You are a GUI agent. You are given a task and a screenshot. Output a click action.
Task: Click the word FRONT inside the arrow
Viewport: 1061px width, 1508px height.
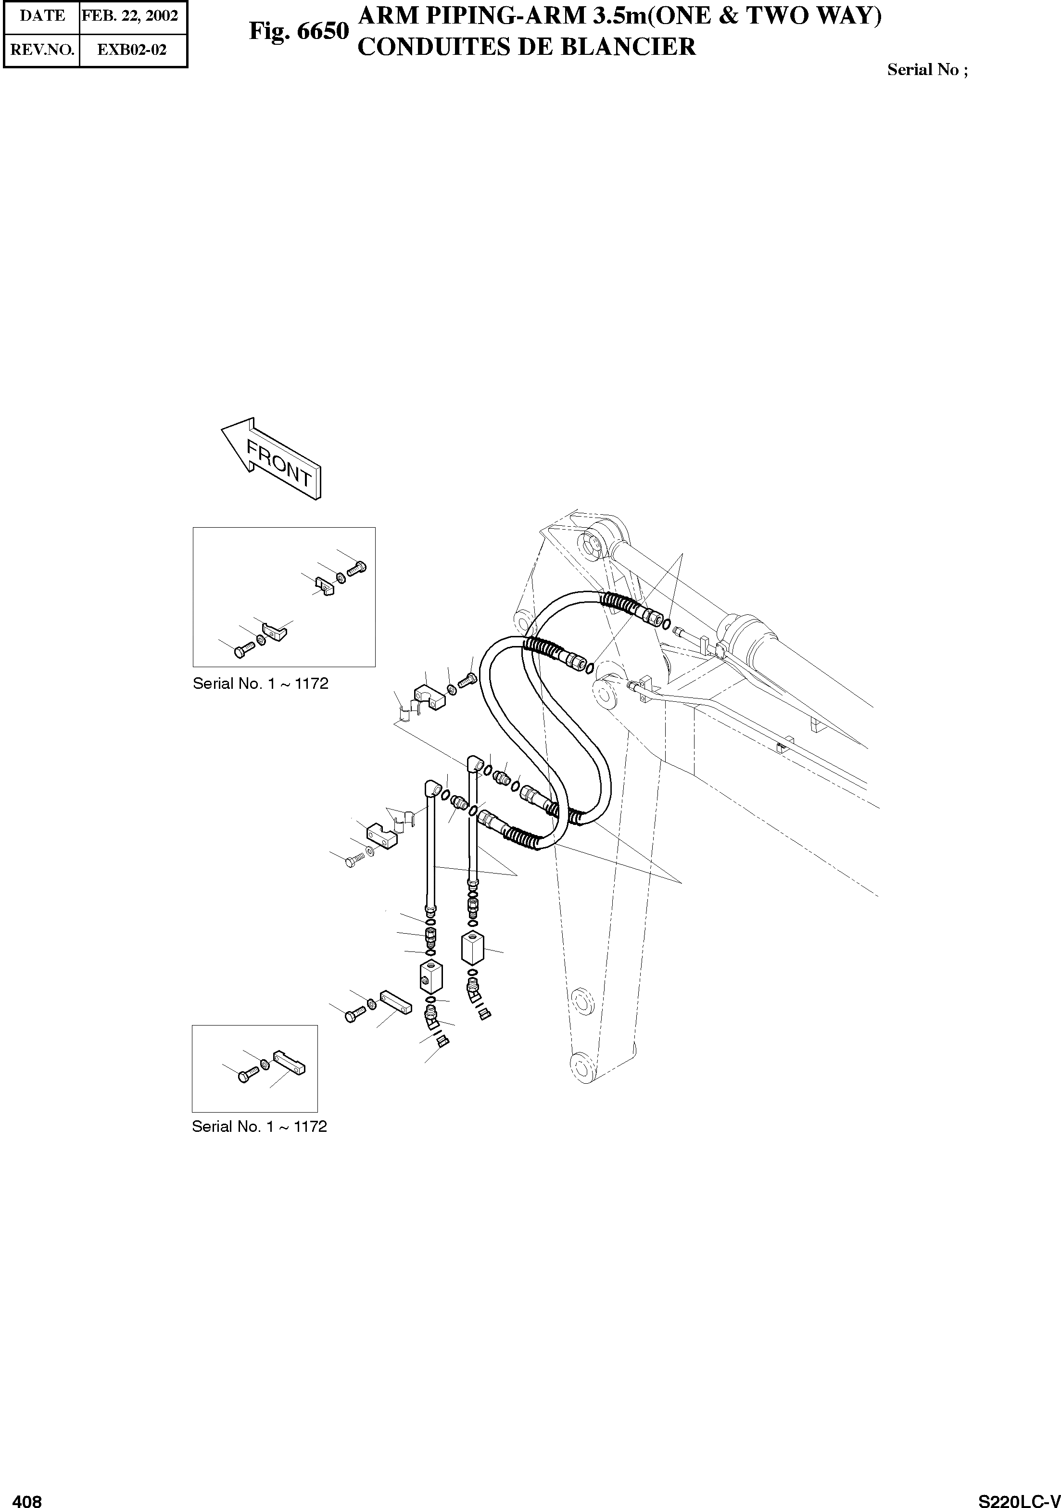coord(278,463)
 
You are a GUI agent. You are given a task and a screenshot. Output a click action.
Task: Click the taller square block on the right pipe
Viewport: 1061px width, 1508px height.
coord(473,948)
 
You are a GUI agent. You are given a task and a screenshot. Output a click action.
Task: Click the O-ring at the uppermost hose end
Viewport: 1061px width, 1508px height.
coord(667,624)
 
